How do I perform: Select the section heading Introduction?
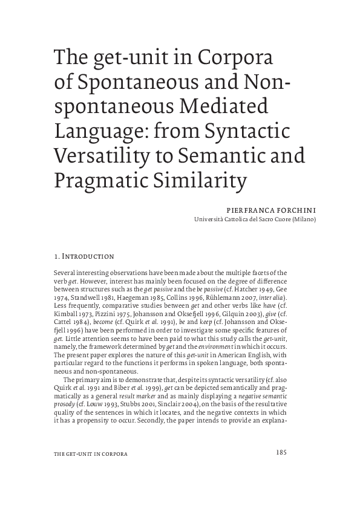pyautogui.click(x=88, y=257)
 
